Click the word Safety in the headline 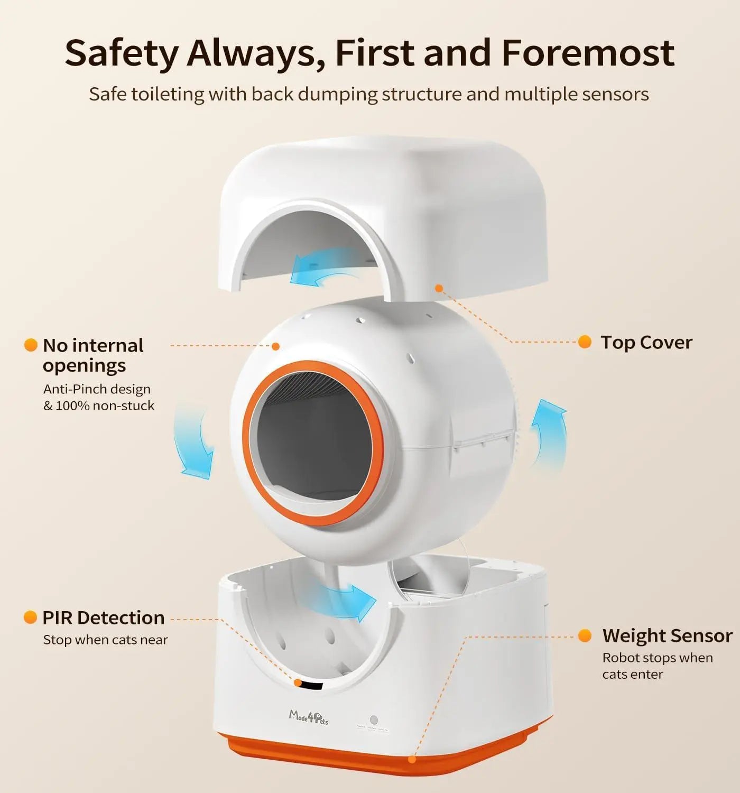point(122,53)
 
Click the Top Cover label point(646,343)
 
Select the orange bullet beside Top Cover point(585,342)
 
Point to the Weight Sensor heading point(667,635)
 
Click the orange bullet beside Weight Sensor point(585,635)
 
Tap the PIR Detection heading point(104,617)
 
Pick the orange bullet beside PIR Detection point(30,617)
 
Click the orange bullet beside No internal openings point(31,345)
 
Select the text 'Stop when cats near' point(105,640)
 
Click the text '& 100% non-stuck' point(99,405)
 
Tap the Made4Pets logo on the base point(308,717)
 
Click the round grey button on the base point(374,720)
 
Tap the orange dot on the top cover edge point(438,288)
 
